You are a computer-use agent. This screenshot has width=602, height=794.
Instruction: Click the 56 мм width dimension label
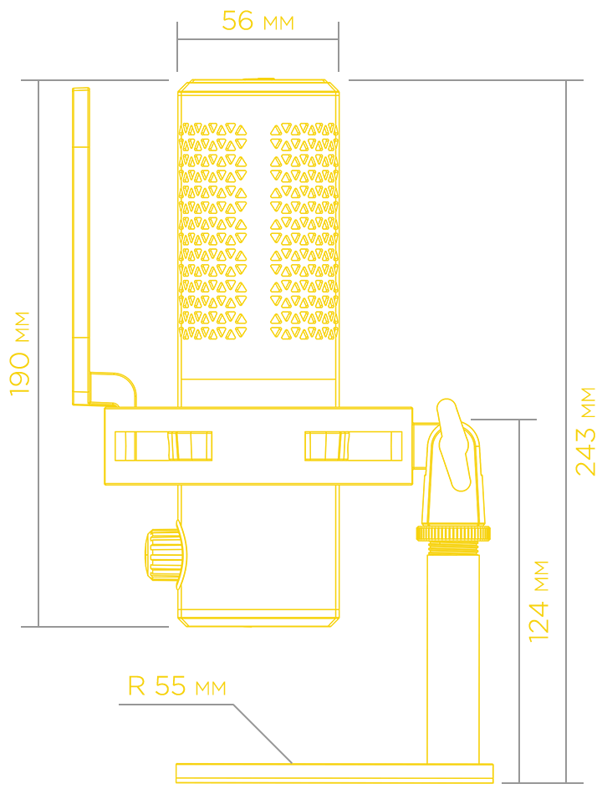(x=258, y=21)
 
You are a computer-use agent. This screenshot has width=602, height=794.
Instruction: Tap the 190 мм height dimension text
(x=20, y=354)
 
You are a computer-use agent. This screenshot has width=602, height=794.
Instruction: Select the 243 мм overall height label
(x=585, y=431)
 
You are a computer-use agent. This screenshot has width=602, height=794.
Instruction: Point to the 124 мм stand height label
(x=538, y=601)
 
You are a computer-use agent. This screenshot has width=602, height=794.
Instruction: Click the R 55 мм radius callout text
(x=177, y=685)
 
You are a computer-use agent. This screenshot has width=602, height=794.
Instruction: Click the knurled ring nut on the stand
(x=453, y=533)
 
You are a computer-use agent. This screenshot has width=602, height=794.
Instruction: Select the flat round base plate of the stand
(x=334, y=773)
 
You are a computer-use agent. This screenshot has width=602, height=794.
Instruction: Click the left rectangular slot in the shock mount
(x=163, y=446)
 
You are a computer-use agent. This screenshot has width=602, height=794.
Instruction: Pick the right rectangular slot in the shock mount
(x=353, y=446)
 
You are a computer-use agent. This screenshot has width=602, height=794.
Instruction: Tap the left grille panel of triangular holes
(x=213, y=231)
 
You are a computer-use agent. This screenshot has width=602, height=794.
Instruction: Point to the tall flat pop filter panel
(x=81, y=246)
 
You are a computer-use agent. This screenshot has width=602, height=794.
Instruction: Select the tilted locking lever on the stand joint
(x=454, y=445)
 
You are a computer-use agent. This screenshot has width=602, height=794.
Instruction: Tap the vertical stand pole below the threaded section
(x=453, y=659)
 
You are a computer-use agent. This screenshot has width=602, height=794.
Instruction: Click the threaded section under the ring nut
(x=453, y=548)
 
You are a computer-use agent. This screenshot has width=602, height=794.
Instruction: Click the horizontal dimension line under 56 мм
(x=258, y=39)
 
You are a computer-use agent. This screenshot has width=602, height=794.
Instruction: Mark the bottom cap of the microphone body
(x=258, y=618)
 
